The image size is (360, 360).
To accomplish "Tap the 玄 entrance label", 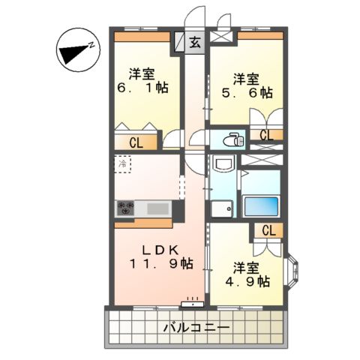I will [x=194, y=43].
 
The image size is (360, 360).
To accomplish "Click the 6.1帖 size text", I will [x=141, y=88].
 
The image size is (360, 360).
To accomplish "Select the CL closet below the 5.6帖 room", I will [x=267, y=135].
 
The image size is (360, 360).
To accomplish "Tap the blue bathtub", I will [x=261, y=205].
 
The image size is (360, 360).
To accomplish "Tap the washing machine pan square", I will [x=222, y=207].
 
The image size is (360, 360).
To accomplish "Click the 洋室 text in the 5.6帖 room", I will [x=246, y=78].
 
